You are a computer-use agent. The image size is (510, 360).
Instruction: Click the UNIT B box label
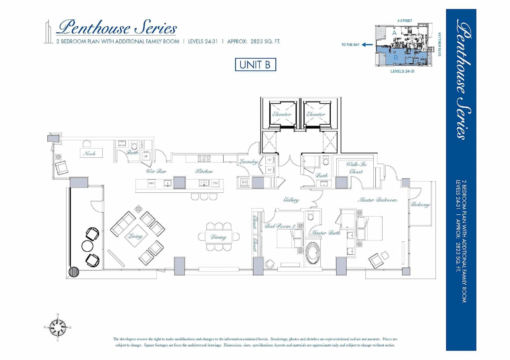point(255,65)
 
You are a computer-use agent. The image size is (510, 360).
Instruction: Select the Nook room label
point(89,153)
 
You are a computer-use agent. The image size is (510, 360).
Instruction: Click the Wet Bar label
point(156,171)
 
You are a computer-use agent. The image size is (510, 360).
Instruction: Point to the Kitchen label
point(204,171)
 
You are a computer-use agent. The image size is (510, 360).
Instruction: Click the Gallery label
point(291,200)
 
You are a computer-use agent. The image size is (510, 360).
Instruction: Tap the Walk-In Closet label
point(356,168)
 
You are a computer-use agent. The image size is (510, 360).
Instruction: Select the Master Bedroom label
point(377,200)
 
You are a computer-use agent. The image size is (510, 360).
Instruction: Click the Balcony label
point(420,205)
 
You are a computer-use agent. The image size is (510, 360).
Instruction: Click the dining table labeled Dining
point(219,237)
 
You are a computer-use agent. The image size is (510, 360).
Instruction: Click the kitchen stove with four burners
point(204,158)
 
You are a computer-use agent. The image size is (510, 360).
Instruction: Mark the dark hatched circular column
point(74,272)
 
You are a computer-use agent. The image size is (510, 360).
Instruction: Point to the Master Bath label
point(326,233)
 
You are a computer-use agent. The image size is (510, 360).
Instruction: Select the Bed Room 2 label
point(280,226)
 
